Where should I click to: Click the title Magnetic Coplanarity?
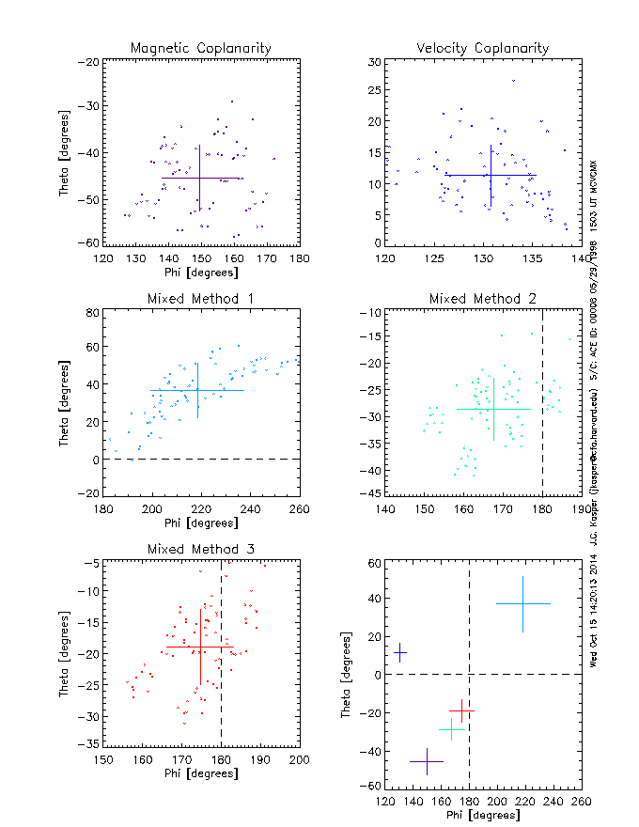pyautogui.click(x=201, y=48)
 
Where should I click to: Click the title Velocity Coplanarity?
pyautogui.click(x=482, y=48)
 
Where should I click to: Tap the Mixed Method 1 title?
pyautogui.click(x=200, y=299)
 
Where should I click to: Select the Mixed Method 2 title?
pyautogui.click(x=483, y=299)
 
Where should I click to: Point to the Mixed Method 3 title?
pyautogui.click(x=200, y=549)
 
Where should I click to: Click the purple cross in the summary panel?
pyautogui.click(x=427, y=761)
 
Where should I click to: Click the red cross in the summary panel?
pyautogui.click(x=461, y=711)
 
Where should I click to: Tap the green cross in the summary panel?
pyautogui.click(x=452, y=729)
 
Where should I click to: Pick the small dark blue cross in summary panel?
pyautogui.click(x=400, y=652)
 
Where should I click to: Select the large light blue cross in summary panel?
pyautogui.click(x=522, y=603)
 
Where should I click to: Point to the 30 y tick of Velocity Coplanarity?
pyautogui.click(x=373, y=61)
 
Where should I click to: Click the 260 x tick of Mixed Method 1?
pyautogui.click(x=299, y=510)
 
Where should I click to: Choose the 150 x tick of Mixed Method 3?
pyautogui.click(x=103, y=760)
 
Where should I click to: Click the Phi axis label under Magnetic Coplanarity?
pyautogui.click(x=200, y=272)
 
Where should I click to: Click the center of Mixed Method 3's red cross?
pyautogui.click(x=200, y=647)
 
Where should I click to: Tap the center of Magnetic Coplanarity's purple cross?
pyautogui.click(x=199, y=178)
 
